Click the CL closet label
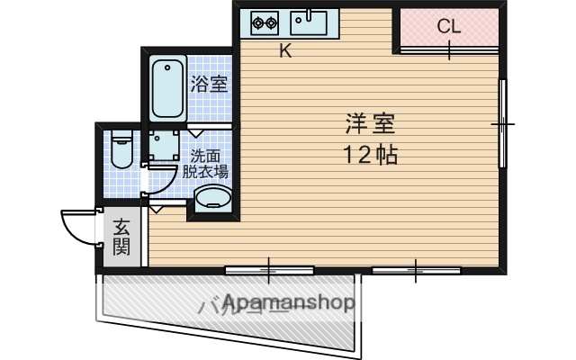pyautogui.click(x=449, y=26)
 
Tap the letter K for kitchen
pyautogui.click(x=284, y=51)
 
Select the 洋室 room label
pyautogui.click(x=369, y=121)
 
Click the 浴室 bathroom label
pyautogui.click(x=209, y=85)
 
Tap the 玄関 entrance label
pyautogui.click(x=121, y=236)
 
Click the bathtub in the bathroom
pyautogui.click(x=167, y=88)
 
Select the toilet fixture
pyautogui.click(x=121, y=149)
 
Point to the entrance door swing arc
pyautogui.click(x=76, y=225)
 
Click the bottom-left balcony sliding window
pyautogui.click(x=268, y=269)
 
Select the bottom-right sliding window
pyautogui.click(x=415, y=269)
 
